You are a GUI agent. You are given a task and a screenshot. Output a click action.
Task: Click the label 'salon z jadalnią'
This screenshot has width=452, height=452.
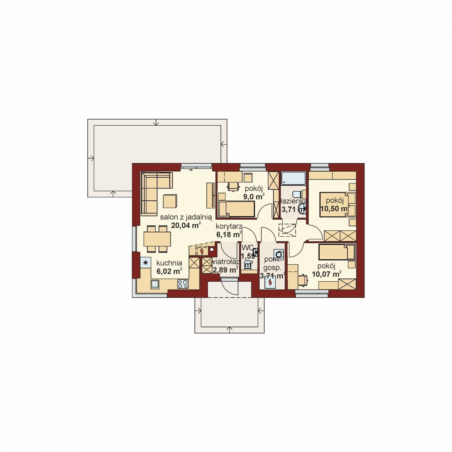click(x=186, y=217)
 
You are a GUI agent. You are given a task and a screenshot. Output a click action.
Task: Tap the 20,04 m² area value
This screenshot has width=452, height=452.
click(x=186, y=225)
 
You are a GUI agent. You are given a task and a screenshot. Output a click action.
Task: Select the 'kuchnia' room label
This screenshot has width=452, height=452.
click(x=169, y=263)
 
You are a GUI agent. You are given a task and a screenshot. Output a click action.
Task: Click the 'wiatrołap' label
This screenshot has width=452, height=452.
click(x=225, y=262)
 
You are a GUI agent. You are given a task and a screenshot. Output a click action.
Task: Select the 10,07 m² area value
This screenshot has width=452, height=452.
click(x=327, y=274)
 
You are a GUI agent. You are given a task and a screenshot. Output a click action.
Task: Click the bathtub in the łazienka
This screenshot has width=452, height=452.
click(x=294, y=178)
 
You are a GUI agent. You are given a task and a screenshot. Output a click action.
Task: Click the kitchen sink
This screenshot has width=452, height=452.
click(x=155, y=284)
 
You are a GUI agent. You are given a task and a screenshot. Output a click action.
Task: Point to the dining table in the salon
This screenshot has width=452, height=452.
click(x=157, y=239)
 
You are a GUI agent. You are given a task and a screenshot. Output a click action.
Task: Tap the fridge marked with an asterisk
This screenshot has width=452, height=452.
click(x=146, y=263)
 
